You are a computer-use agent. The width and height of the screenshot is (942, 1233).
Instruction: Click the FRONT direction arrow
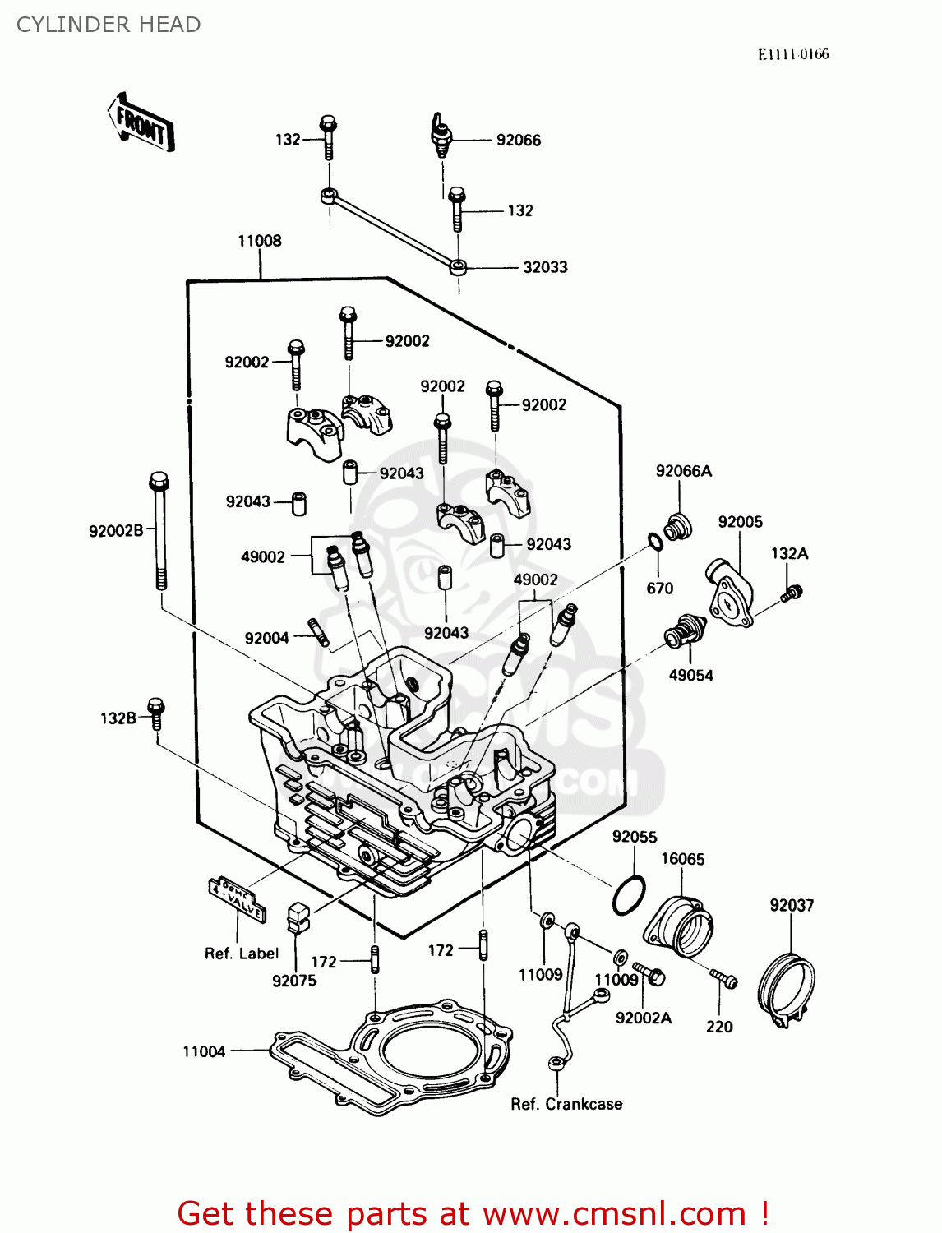click(140, 123)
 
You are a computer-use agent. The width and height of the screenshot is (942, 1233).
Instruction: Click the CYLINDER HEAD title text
click(109, 25)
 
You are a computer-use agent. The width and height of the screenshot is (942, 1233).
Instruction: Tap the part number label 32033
click(545, 267)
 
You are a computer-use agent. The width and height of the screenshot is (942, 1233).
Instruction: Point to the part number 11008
click(260, 241)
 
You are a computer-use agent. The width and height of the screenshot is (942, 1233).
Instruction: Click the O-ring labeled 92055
click(629, 895)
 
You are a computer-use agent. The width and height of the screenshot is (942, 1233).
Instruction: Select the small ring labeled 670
click(654, 542)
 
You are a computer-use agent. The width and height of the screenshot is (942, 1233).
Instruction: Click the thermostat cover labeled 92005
click(729, 592)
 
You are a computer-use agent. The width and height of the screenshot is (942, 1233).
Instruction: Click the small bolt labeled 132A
click(792, 592)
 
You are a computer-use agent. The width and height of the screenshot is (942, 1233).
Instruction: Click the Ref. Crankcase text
click(566, 1104)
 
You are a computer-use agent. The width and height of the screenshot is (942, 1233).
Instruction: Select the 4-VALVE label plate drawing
click(237, 898)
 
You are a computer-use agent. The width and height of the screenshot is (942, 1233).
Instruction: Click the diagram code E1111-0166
click(793, 54)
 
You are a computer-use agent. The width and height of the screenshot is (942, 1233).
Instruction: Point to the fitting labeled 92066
click(441, 136)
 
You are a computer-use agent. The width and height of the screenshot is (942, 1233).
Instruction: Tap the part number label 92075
click(294, 981)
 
